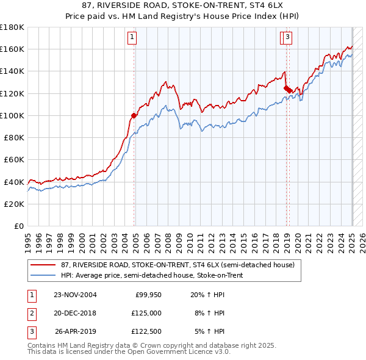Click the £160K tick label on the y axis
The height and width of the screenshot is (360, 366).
click(12, 49)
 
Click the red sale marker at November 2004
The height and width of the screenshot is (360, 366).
click(134, 115)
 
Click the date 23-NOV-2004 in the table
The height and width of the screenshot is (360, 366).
click(75, 295)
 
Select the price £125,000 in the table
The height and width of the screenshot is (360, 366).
click(147, 314)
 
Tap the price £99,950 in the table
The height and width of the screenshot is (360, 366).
click(148, 295)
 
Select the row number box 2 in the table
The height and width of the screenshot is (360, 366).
click(31, 314)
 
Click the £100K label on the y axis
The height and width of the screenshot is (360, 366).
click(12, 115)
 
